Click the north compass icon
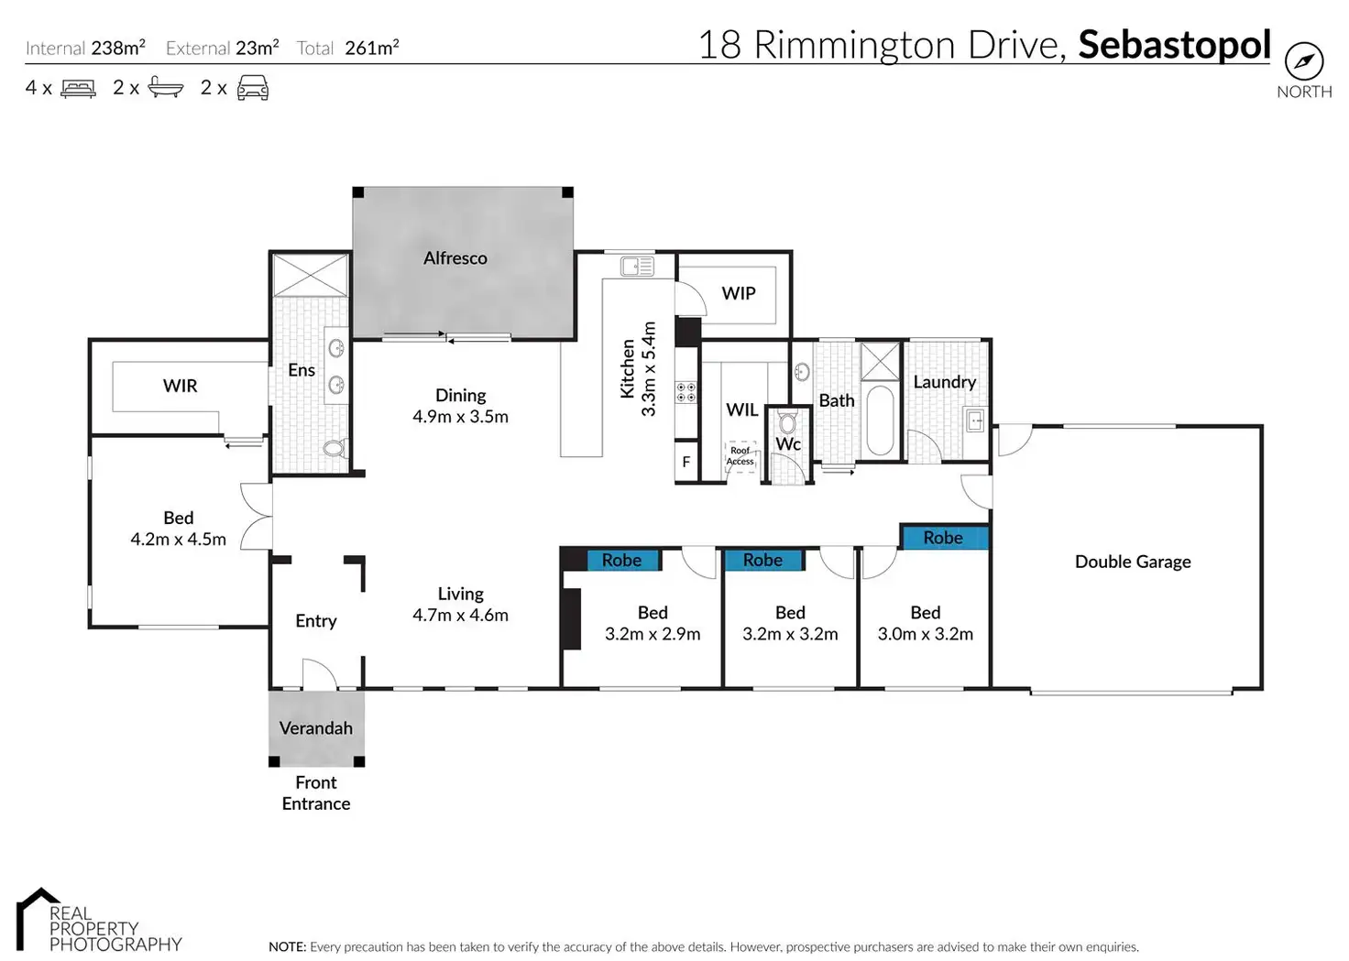point(1303,61)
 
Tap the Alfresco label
point(455,258)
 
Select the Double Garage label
point(1133,562)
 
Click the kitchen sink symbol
point(637,267)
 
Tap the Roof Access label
point(740,456)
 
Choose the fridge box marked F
point(685,463)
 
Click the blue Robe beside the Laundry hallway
point(944,538)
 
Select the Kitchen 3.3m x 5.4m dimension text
point(639,369)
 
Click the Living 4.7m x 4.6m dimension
point(460,615)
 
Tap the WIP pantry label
point(739,293)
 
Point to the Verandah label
point(316,728)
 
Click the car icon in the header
point(253,88)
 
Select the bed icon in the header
point(78,89)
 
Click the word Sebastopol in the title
point(1174,45)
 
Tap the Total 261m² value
point(371,48)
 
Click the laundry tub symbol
point(975,421)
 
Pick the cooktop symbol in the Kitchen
point(685,392)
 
